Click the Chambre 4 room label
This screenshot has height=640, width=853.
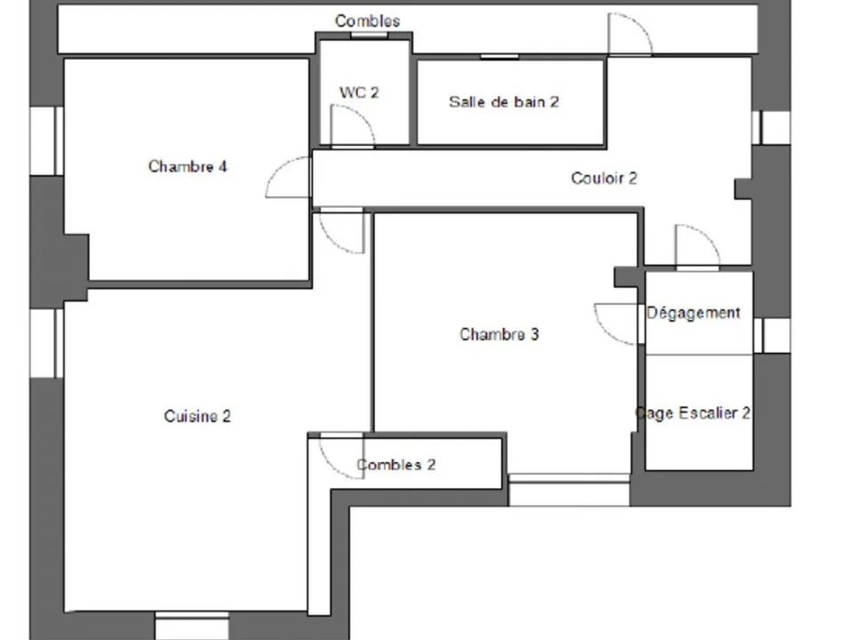click(187, 166)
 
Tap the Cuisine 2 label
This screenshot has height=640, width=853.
click(197, 416)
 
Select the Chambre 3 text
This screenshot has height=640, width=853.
click(499, 333)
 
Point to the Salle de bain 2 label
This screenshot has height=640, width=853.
click(504, 101)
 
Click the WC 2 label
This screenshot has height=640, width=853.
click(359, 92)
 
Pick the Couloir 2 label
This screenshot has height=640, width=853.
click(604, 178)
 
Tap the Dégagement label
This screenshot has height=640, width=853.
click(694, 313)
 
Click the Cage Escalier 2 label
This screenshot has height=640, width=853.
click(693, 413)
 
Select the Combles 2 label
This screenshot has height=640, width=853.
click(396, 464)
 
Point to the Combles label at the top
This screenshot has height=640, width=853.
click(367, 20)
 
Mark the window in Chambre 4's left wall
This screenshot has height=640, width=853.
click(47, 141)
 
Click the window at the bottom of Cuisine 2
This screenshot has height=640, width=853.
click(192, 625)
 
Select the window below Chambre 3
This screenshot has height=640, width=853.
click(569, 490)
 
